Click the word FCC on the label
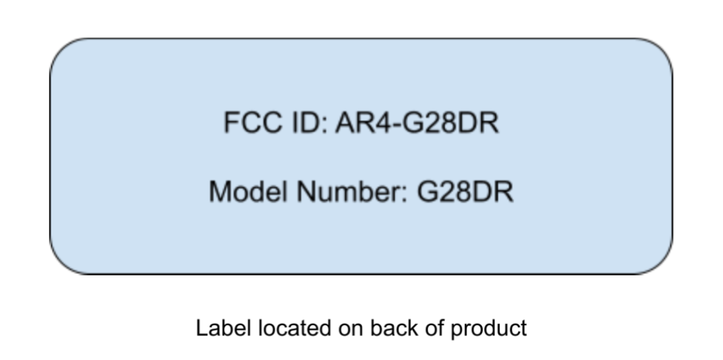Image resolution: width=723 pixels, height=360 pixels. click(249, 123)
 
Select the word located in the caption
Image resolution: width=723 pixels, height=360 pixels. click(278, 328)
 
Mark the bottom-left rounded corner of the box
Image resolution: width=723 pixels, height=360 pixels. click(60, 263)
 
